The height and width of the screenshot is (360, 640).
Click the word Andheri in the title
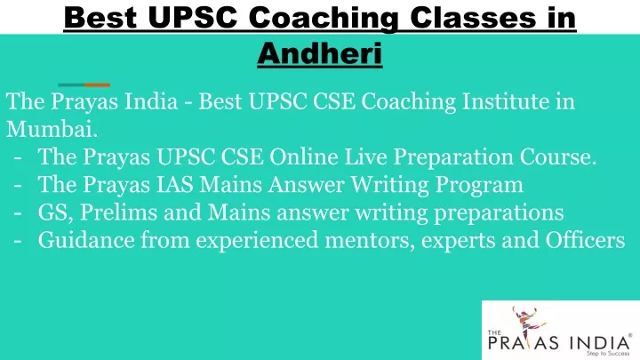pyautogui.click(x=320, y=53)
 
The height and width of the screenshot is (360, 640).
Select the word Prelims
pyautogui.click(x=118, y=212)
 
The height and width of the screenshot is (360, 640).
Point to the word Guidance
pyautogui.click(x=86, y=240)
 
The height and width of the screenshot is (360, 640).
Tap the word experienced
pyautogui.click(x=257, y=241)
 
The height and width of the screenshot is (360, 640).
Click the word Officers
pyautogui.click(x=585, y=240)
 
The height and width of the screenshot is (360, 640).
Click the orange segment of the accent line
pyautogui.click(x=97, y=85)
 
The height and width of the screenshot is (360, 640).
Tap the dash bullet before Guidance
pyautogui.click(x=18, y=241)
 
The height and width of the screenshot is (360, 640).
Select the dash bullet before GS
pyautogui.click(x=18, y=213)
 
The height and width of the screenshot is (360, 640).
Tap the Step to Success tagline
pyautogui.click(x=608, y=354)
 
